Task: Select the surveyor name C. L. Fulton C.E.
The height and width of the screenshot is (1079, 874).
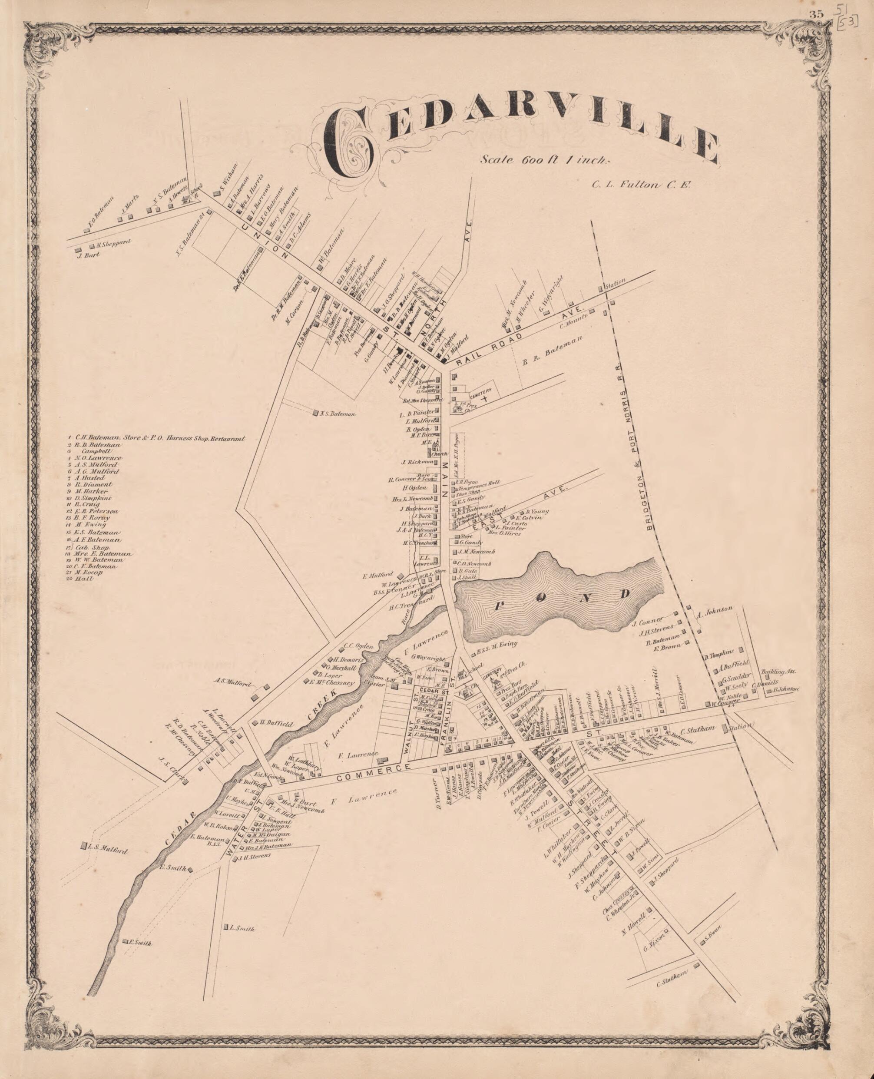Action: (642, 184)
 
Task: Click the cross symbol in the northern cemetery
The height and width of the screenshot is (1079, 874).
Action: (484, 399)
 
